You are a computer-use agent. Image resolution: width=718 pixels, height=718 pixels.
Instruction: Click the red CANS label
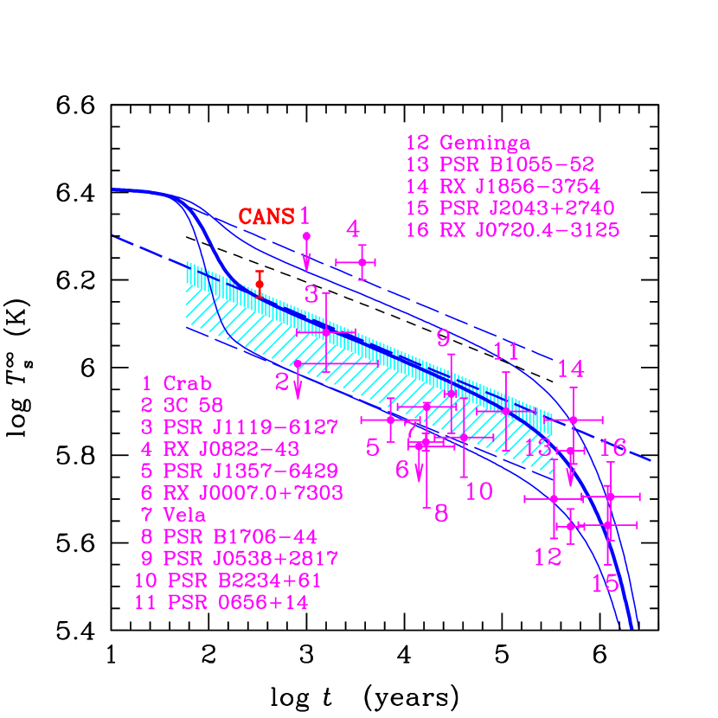coord(266,216)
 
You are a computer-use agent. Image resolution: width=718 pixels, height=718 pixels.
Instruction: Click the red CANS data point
coord(260,284)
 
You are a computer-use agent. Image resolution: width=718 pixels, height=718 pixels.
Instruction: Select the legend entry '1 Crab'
coord(177,383)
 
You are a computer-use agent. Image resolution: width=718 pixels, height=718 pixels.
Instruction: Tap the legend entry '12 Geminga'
coord(468,143)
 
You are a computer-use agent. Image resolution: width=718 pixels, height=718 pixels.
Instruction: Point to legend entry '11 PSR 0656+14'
coord(221,603)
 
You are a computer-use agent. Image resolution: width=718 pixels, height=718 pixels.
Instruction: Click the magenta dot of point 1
coord(306,235)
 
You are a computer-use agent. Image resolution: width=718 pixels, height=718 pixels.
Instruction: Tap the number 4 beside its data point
coord(353,228)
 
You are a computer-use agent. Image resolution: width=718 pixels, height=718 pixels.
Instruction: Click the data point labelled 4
coord(362,261)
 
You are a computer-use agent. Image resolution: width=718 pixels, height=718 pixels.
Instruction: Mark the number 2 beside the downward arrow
coord(282,381)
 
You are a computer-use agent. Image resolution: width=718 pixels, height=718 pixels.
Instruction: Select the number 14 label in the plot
coord(570,369)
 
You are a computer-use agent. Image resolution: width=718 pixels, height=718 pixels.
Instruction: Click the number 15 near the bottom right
coord(606,583)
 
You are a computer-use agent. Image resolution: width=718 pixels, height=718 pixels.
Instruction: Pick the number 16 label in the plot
coord(613,447)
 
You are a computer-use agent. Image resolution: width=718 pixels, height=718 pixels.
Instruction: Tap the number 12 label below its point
coord(548,557)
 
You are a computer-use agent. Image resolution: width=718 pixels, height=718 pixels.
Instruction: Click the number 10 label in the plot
coord(478,491)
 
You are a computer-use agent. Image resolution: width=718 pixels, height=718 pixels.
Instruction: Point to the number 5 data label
coord(373,447)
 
